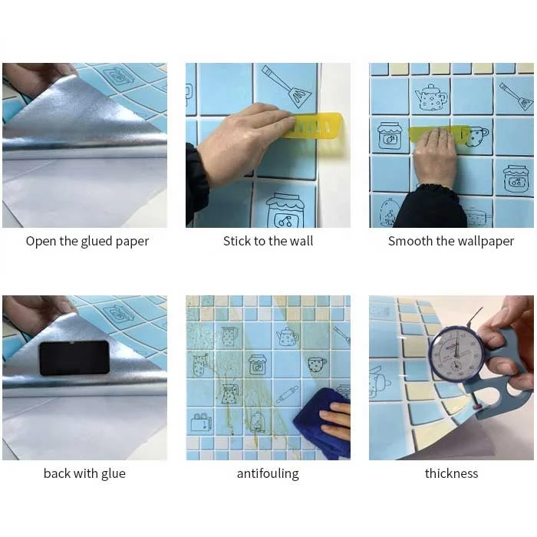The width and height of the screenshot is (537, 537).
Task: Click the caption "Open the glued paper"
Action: (x=87, y=241)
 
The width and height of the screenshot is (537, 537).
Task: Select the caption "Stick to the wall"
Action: (x=268, y=241)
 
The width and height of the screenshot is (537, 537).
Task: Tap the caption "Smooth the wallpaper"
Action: (x=451, y=241)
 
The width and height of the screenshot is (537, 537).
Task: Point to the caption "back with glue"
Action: (x=84, y=473)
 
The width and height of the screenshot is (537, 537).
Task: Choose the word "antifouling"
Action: (x=268, y=473)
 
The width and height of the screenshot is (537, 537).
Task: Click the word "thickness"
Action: (x=451, y=473)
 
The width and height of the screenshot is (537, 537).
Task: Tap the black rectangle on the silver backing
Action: (x=74, y=357)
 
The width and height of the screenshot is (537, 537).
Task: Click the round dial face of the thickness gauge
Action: (x=456, y=354)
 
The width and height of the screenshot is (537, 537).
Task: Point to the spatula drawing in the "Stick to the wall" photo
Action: (x=287, y=86)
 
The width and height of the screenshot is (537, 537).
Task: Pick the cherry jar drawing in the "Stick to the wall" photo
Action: (x=285, y=211)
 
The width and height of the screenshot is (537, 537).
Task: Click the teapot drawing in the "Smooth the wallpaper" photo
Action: (x=430, y=97)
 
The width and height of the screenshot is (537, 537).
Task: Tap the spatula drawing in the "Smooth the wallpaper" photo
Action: (x=514, y=96)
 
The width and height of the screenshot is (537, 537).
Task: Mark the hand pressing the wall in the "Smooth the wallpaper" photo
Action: (x=434, y=157)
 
